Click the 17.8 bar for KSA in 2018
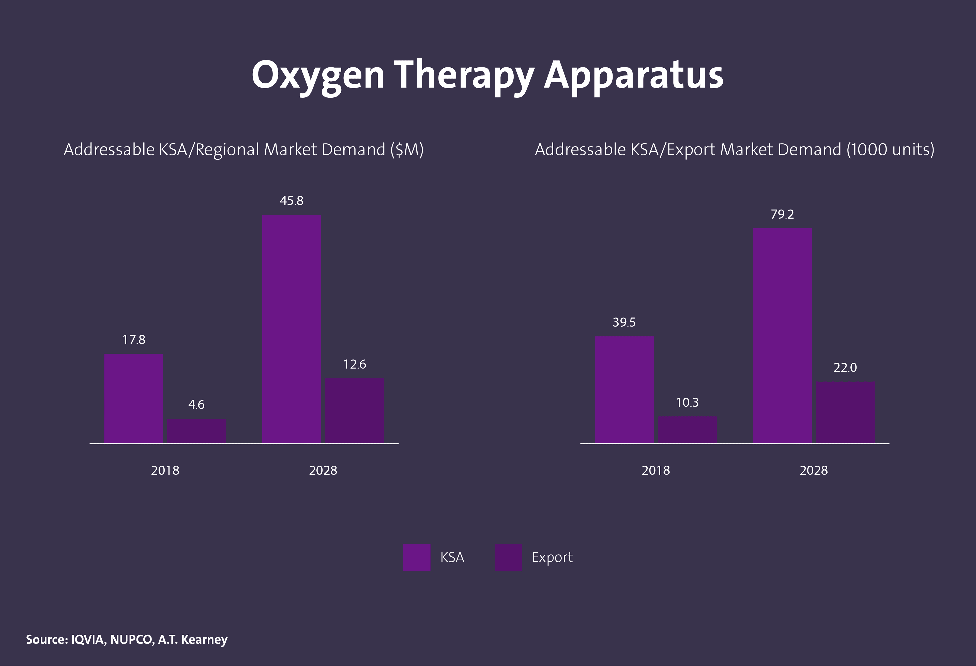click(x=133, y=398)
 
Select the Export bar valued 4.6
click(x=196, y=431)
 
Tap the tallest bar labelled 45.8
click(x=292, y=329)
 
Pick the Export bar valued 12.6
click(x=355, y=410)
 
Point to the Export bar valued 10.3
click(x=687, y=430)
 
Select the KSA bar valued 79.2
click(x=782, y=335)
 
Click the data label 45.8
click(x=292, y=201)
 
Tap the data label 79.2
click(x=782, y=214)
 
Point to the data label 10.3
click(x=687, y=403)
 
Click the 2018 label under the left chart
click(x=165, y=470)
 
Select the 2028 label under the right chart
click(x=814, y=470)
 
